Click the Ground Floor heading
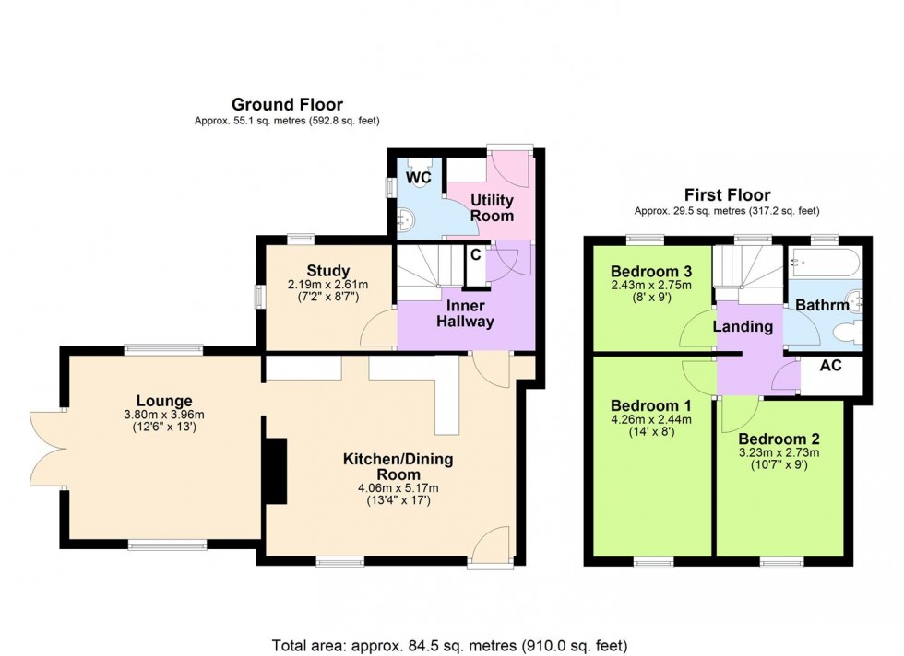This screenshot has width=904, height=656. tap(287, 104)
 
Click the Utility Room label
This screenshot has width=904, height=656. tap(492, 207)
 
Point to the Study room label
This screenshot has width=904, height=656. tap(327, 271)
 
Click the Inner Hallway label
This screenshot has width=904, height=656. tap(466, 313)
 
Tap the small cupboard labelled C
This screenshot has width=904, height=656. tap(475, 256)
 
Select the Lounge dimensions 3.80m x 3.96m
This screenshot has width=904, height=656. tap(164, 415)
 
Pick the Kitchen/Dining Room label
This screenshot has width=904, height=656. tap(398, 466)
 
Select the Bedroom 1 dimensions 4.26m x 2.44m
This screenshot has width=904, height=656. tap(646, 419)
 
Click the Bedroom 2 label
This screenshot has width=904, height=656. tap(779, 439)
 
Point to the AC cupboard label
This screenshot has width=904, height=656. tap(830, 366)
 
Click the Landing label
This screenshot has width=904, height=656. tap(743, 326)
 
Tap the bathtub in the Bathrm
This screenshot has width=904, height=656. tap(824, 263)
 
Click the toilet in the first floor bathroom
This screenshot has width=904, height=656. tap(841, 333)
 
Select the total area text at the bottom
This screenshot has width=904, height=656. tap(451, 643)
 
